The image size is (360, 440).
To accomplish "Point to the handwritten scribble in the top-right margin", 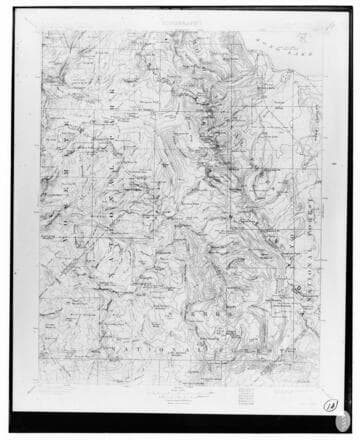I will (321, 27).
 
